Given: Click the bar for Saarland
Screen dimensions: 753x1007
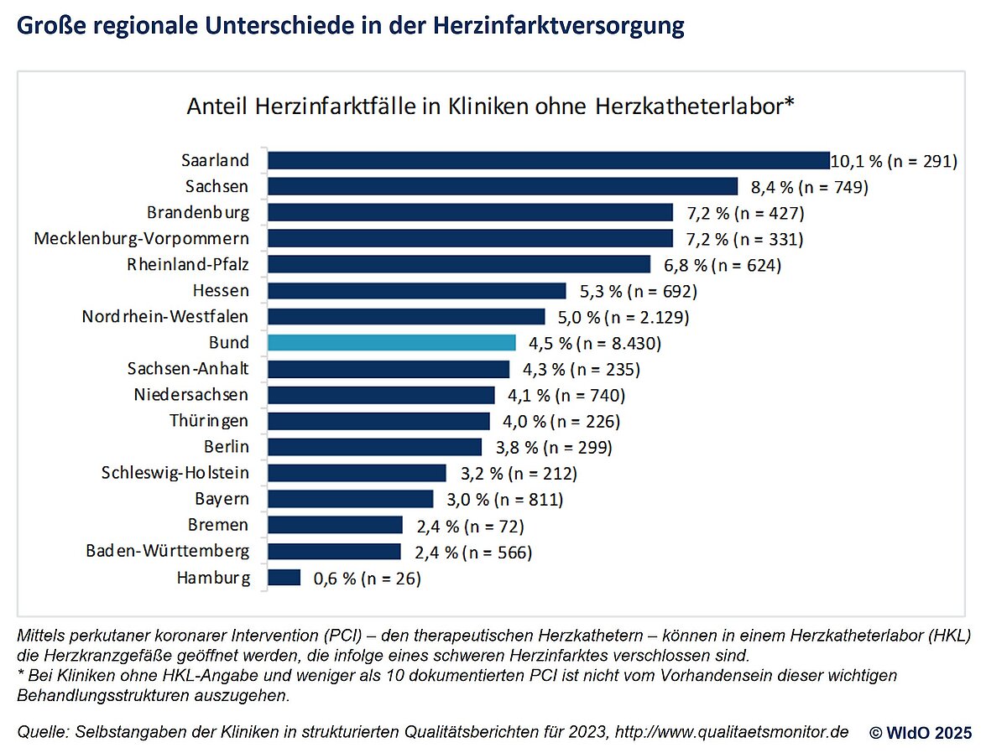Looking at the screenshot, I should (549, 160).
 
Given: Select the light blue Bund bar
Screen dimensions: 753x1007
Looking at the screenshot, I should (391, 342).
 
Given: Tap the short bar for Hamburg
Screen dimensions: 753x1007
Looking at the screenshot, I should (284, 577).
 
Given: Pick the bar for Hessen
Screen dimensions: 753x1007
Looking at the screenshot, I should (417, 291).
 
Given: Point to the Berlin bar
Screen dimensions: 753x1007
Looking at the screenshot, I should (375, 446).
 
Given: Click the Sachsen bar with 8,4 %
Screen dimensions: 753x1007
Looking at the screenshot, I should (503, 186).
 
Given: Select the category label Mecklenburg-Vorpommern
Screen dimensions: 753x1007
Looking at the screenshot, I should (141, 238).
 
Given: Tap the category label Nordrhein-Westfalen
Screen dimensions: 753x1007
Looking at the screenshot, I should (165, 316).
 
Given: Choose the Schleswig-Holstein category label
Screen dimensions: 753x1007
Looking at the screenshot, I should (175, 473).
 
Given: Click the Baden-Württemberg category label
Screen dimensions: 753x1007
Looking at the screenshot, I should (167, 551).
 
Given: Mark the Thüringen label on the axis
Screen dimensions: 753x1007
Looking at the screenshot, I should (208, 420).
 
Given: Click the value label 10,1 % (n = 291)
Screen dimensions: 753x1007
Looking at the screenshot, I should (894, 160).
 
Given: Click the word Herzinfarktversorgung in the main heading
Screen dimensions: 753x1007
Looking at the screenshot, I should (559, 26).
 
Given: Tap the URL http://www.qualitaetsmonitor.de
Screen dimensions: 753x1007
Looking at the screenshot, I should (732, 731).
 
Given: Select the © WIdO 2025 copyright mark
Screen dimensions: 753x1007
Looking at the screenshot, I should (921, 732).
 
